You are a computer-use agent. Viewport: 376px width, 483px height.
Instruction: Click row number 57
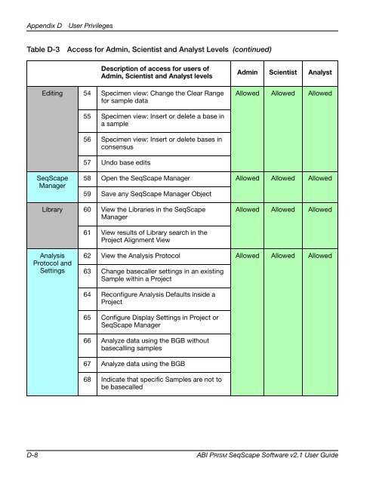click(x=87, y=163)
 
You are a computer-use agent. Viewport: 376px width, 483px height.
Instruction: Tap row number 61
click(x=87, y=232)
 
